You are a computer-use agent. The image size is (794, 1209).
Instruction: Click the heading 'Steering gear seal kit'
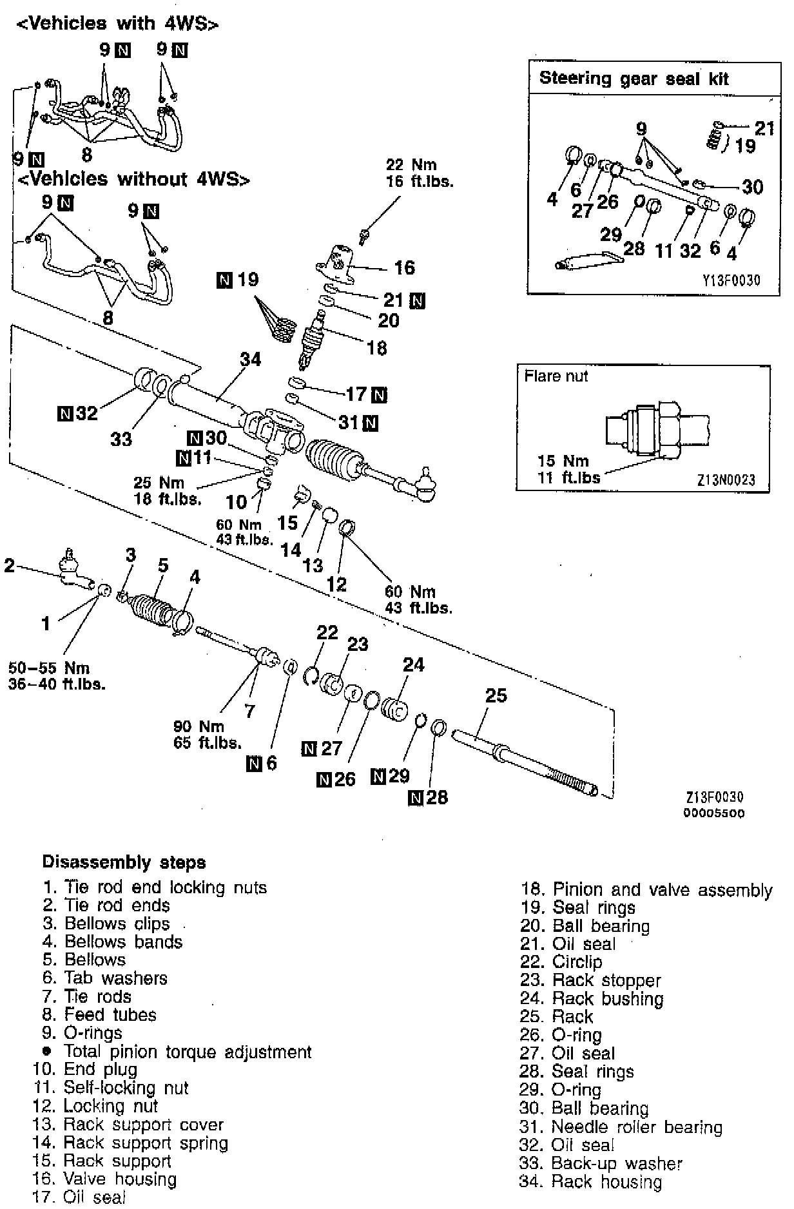(x=634, y=79)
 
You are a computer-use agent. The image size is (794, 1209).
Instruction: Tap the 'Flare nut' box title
(x=556, y=376)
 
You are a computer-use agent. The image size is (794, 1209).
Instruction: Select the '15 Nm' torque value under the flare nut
(x=563, y=461)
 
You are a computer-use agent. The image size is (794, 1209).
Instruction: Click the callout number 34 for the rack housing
(x=250, y=359)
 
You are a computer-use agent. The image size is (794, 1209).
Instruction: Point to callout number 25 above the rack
(x=496, y=695)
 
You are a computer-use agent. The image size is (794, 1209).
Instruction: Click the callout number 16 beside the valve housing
(x=404, y=267)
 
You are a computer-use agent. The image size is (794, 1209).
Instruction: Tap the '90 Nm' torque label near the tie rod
(x=198, y=726)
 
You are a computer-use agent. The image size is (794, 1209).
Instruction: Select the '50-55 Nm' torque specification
(x=49, y=668)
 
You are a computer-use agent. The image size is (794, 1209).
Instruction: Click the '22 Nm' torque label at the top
(x=411, y=165)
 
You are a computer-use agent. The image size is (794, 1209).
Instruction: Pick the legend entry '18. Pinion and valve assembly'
(x=646, y=890)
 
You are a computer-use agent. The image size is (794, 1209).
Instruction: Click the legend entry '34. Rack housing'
(x=590, y=1181)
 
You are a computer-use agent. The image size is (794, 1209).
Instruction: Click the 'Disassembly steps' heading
(x=124, y=862)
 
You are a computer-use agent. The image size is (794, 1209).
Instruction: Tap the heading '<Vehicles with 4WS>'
(x=117, y=24)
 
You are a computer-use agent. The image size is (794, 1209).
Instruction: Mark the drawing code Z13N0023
(x=725, y=479)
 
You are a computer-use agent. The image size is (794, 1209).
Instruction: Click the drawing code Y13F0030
(x=731, y=280)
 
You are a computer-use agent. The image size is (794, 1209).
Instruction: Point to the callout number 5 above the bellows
(x=163, y=566)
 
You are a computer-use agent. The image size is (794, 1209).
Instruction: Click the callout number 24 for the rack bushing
(x=413, y=664)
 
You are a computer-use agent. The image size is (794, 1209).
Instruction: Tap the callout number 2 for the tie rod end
(x=9, y=565)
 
